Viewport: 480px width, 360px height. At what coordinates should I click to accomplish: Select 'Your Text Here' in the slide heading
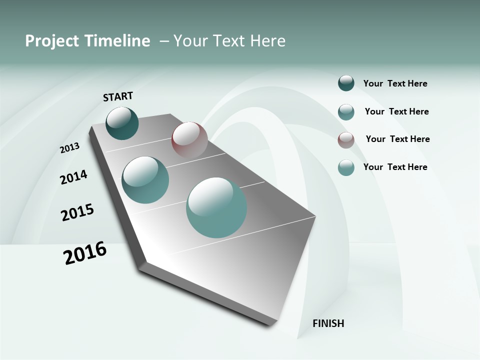click(229, 41)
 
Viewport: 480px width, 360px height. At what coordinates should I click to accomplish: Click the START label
click(118, 96)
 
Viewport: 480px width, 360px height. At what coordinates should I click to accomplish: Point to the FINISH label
click(328, 323)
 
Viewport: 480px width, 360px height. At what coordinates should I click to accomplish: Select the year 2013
click(69, 148)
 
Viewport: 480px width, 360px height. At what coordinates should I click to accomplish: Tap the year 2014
click(73, 177)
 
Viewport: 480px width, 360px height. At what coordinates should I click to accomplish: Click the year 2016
click(85, 252)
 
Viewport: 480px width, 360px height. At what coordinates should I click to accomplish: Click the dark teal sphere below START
click(122, 123)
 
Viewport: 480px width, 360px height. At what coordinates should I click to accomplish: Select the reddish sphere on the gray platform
click(189, 140)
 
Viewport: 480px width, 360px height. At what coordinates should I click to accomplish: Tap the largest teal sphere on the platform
click(216, 207)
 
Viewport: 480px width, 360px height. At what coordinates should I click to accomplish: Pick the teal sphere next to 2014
click(145, 180)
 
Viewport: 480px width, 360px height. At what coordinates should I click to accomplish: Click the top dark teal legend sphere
click(346, 83)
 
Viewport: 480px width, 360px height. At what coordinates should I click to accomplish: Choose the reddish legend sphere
click(346, 140)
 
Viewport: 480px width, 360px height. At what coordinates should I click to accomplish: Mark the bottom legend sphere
click(346, 167)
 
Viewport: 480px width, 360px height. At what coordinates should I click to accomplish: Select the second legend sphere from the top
click(346, 112)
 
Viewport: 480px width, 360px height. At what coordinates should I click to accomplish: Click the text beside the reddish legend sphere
click(397, 139)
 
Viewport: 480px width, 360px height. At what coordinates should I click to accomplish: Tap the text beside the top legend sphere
click(395, 83)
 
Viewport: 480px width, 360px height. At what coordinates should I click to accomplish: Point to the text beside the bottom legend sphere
click(395, 167)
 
